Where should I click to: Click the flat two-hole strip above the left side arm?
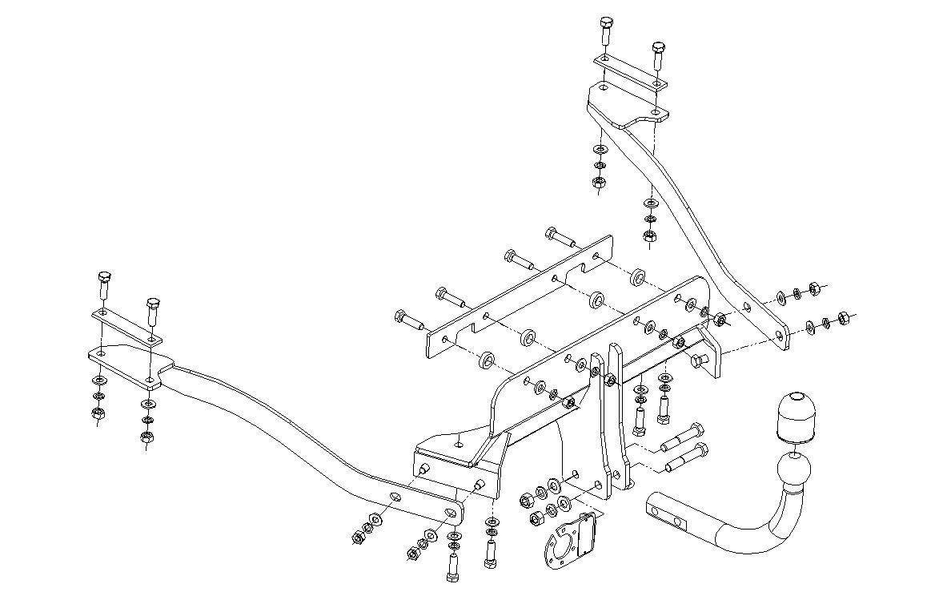[126, 327]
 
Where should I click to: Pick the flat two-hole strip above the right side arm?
[630, 71]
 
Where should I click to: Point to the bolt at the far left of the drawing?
[105, 284]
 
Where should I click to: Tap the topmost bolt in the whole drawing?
[605, 29]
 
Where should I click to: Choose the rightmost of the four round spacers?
[639, 278]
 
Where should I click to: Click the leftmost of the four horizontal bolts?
[409, 320]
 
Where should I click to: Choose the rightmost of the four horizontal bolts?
[560, 238]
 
